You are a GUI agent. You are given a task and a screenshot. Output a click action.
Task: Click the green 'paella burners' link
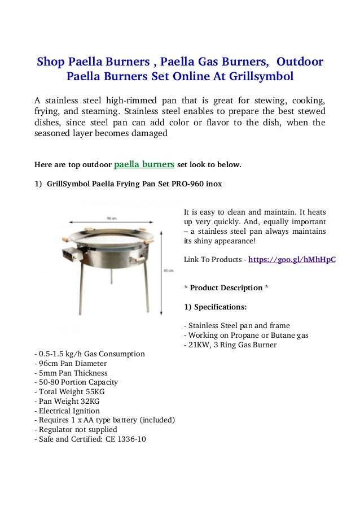144,165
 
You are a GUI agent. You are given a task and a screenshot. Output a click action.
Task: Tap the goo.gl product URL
292,260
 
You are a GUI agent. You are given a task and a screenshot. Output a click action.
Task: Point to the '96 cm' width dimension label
111,217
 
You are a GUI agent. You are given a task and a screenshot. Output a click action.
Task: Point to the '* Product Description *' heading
226,288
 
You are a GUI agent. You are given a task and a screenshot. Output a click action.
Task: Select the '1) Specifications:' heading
215,307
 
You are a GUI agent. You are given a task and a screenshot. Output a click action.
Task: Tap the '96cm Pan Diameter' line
71,363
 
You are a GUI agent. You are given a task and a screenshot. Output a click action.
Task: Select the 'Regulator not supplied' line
76,429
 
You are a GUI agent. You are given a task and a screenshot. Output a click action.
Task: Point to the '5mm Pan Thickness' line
71,373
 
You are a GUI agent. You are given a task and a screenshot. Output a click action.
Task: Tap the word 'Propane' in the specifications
240,335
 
